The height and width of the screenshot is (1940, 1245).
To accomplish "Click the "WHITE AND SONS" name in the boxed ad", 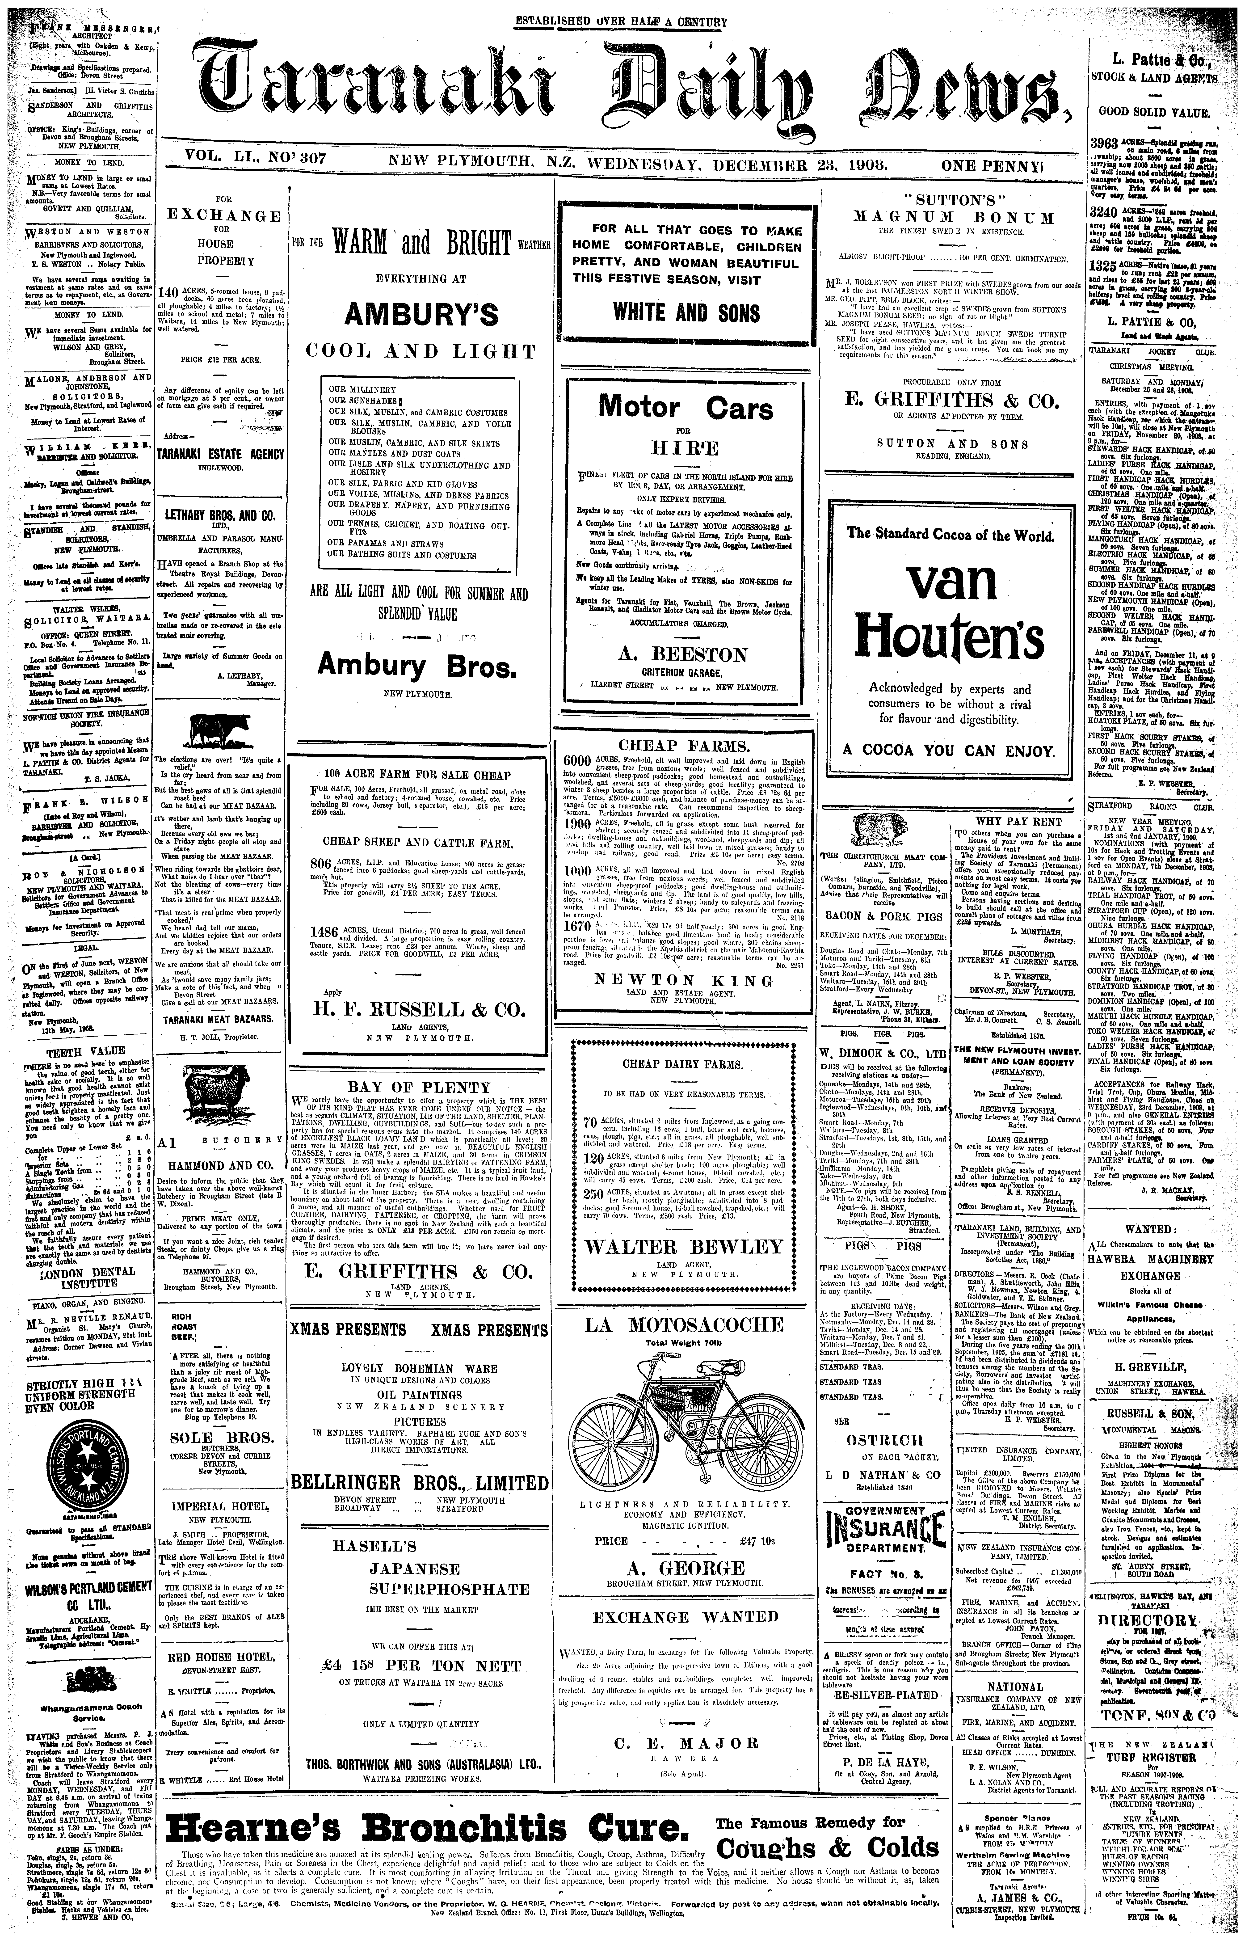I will click(686, 312).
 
